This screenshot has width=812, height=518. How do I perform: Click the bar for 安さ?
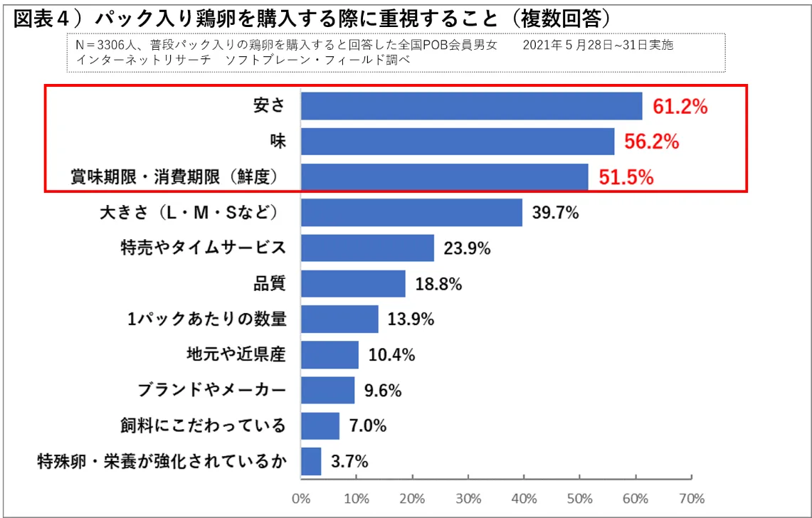pos(471,106)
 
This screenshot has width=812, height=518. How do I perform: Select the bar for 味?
pos(458,142)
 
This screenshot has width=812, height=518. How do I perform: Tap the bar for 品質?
pos(353,284)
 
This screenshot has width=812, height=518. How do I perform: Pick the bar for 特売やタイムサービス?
pos(367,248)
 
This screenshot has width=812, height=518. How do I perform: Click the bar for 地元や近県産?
pos(329,354)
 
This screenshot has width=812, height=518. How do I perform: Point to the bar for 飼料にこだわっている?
pos(320,425)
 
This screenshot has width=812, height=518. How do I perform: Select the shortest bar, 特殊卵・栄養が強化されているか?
pos(311,461)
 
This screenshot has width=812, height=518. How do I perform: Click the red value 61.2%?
pos(680,107)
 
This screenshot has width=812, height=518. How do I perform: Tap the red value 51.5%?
pos(626,177)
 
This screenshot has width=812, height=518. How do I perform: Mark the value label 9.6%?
pos(383,390)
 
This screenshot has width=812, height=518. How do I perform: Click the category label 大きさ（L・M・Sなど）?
pos(190,213)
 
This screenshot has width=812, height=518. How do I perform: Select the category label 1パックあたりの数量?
pos(207,319)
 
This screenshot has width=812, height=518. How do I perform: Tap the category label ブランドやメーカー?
pos(211,390)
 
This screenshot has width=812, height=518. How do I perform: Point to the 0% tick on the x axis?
pos(302,497)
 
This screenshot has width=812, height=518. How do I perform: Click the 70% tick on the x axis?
pos(692,497)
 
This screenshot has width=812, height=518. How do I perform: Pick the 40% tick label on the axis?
pos(524,497)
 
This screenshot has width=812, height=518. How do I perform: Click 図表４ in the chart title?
pos(40,18)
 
